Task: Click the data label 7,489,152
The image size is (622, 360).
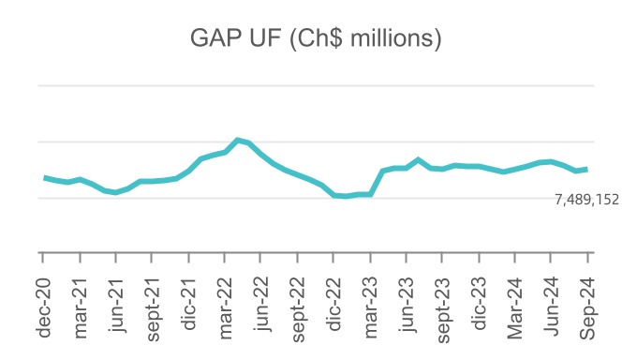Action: pyautogui.click(x=586, y=199)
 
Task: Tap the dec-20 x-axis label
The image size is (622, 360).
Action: pyautogui.click(x=43, y=301)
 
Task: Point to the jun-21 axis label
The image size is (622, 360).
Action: pyautogui.click(x=116, y=301)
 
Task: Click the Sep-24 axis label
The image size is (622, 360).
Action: pyautogui.click(x=591, y=301)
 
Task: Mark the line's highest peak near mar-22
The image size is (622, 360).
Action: pyautogui.click(x=238, y=140)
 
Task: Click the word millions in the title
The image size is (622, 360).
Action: pyautogui.click(x=382, y=39)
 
